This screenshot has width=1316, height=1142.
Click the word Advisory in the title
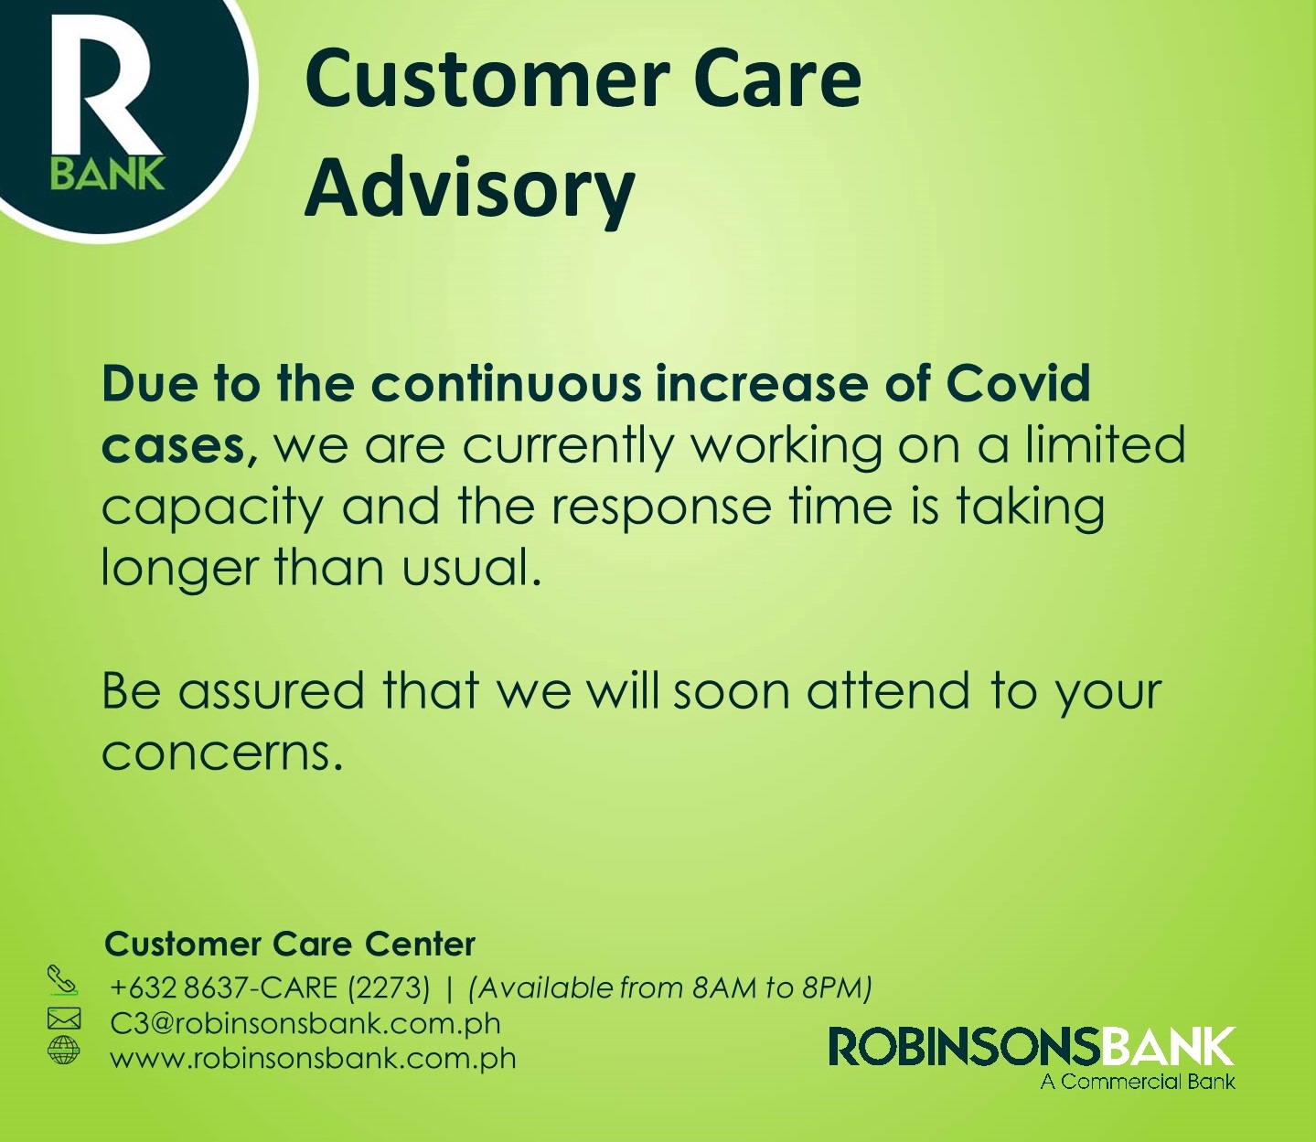coord(469,187)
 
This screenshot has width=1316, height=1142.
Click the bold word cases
coord(180,446)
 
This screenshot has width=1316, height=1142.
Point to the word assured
coord(271,692)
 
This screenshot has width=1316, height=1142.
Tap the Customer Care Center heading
coord(289,944)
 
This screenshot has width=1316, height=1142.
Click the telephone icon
coord(62,979)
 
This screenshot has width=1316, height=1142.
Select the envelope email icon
coord(64,1018)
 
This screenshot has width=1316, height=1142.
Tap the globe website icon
coord(64,1051)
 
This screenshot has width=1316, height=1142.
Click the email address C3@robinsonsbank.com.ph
coord(305,1023)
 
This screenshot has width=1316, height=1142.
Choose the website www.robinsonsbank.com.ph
coord(314,1058)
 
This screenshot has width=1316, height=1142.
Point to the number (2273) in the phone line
coord(389,987)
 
